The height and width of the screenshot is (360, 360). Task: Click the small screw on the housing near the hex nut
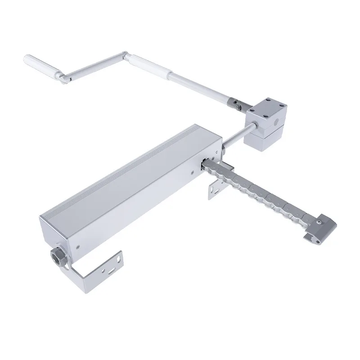(78, 247)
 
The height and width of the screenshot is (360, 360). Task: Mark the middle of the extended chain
(261, 193)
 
